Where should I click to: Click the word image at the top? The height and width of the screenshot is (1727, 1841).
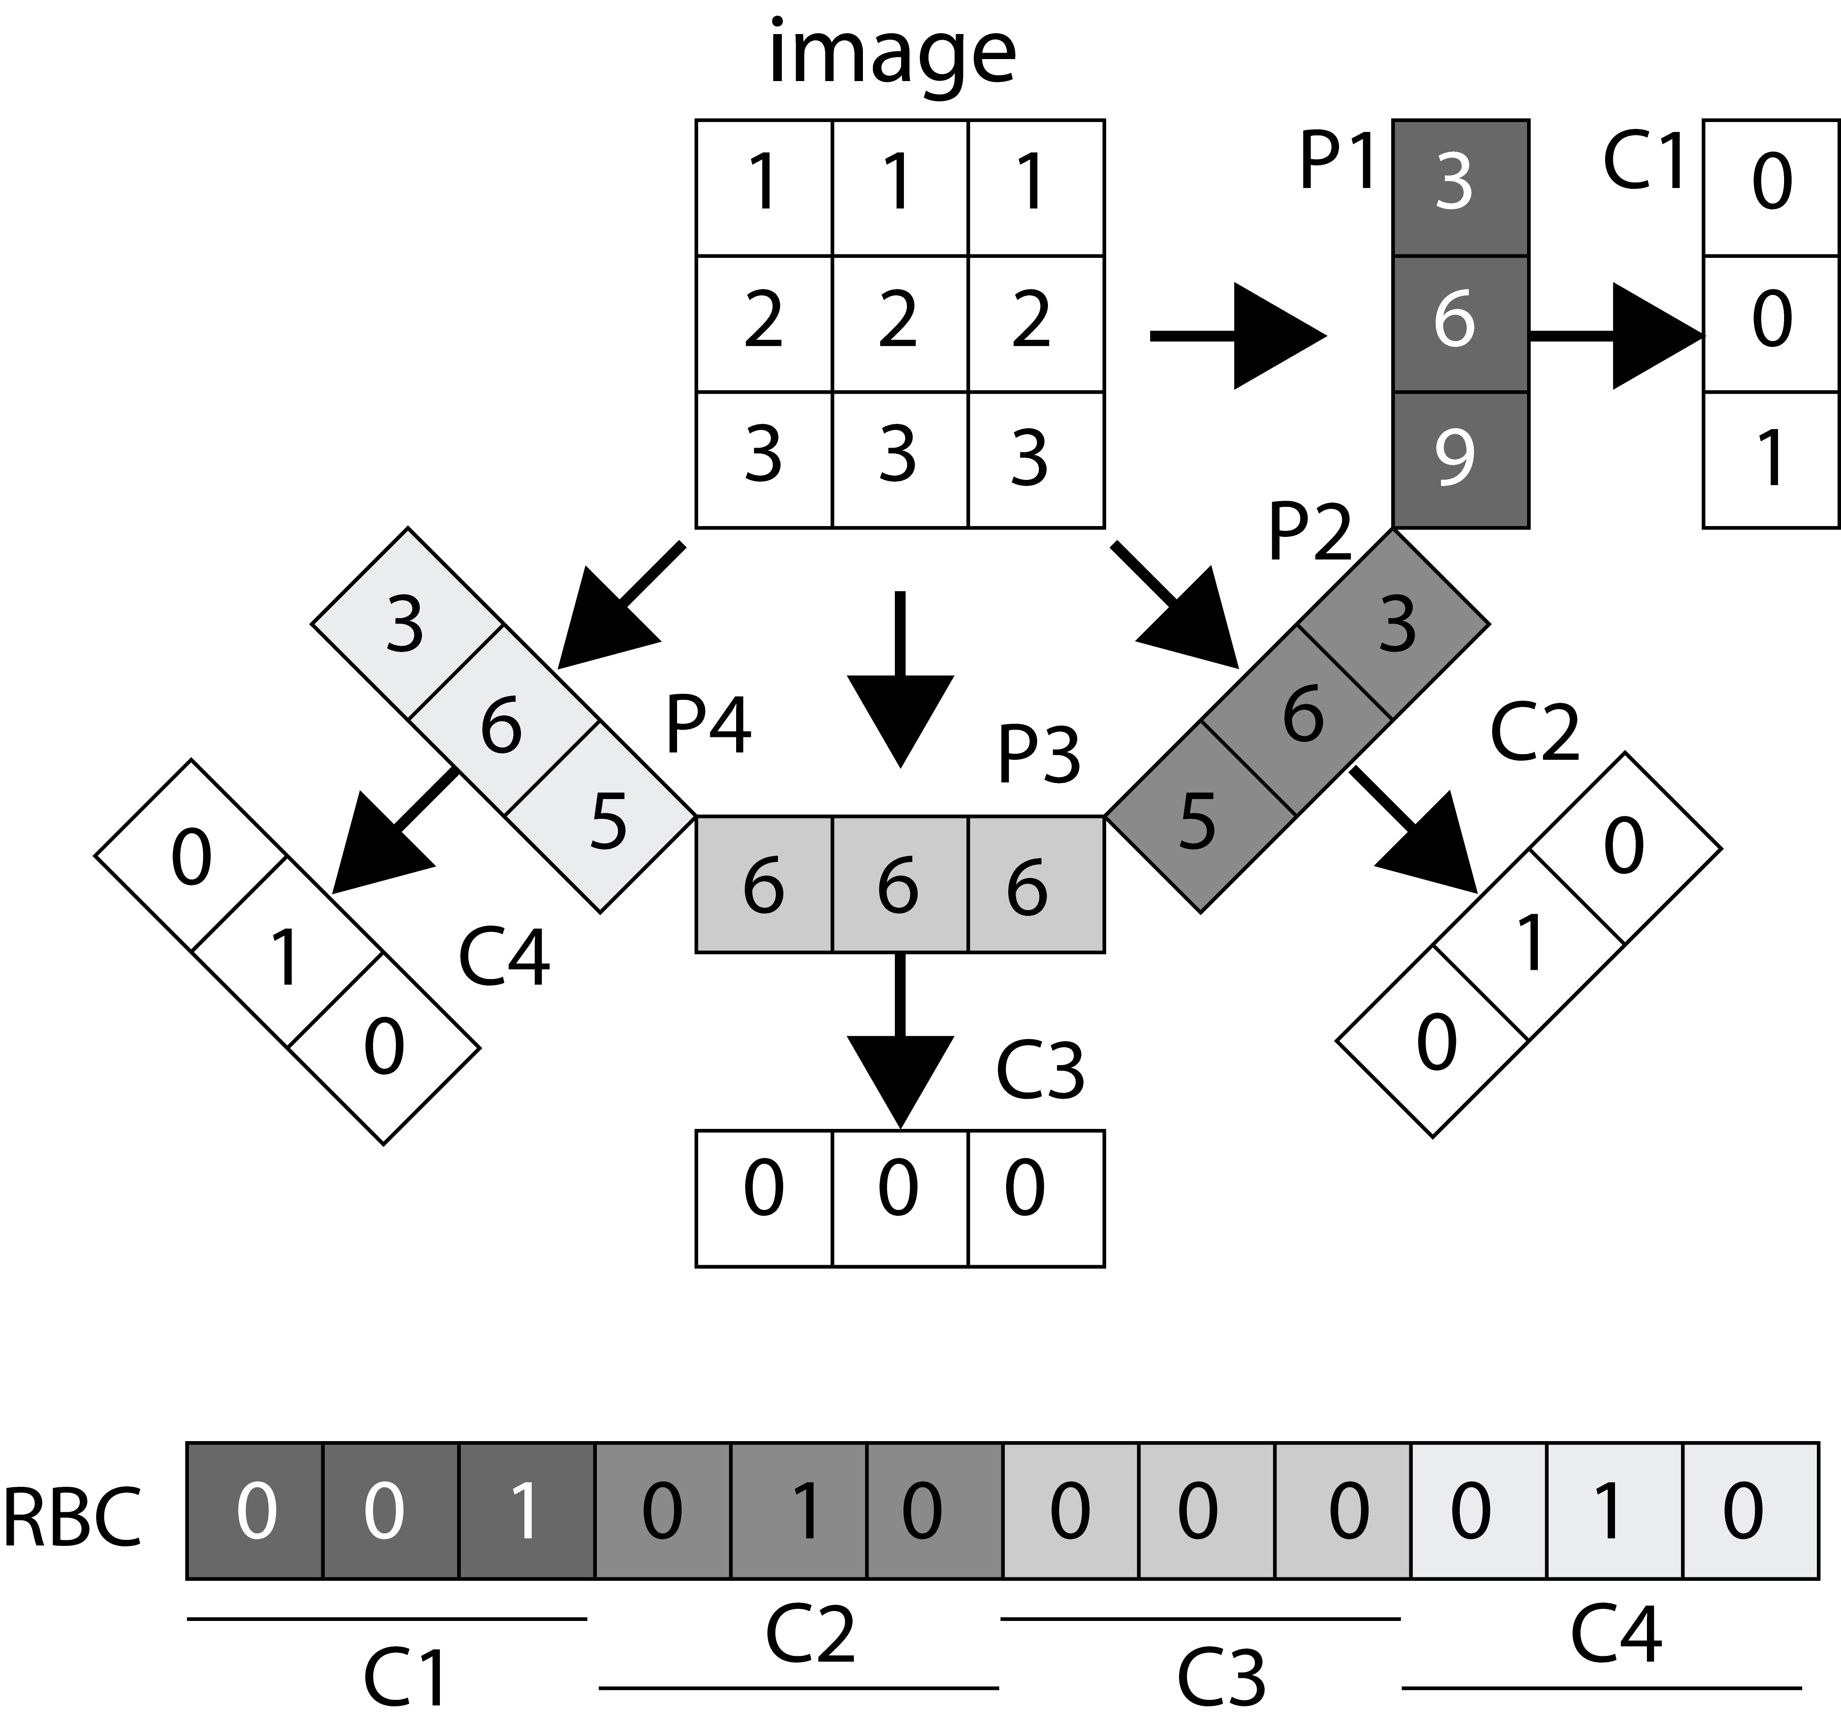pyautogui.click(x=892, y=56)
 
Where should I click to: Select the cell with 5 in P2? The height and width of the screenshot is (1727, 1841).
pyautogui.click(x=1199, y=818)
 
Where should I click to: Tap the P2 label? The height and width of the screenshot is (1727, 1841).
pyautogui.click(x=1309, y=533)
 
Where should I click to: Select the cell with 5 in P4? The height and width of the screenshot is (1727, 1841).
pyautogui.click(x=602, y=818)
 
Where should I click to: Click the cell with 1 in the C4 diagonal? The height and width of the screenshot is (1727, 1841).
pyautogui.click(x=287, y=954)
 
